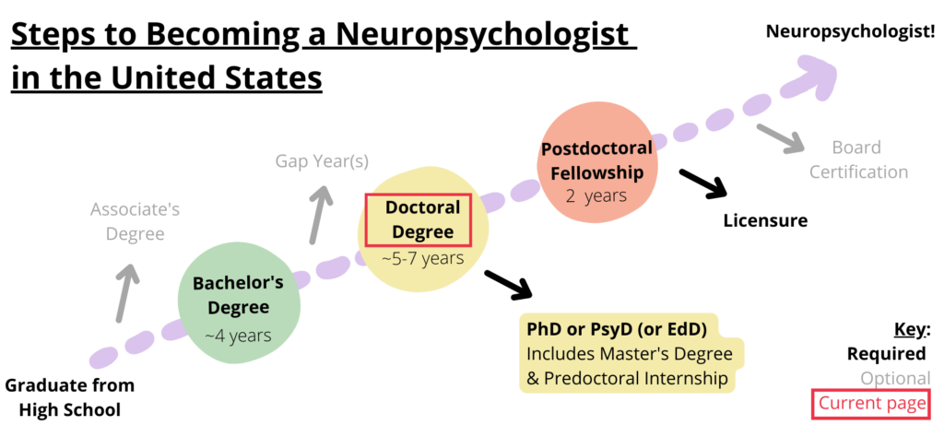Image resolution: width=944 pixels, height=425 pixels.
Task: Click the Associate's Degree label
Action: (x=135, y=221)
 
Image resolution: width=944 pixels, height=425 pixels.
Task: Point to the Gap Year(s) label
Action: (x=322, y=161)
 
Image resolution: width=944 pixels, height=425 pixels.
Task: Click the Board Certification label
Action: (x=856, y=159)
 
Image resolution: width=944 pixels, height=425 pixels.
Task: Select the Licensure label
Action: (x=765, y=220)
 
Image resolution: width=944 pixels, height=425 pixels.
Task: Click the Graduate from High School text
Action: (x=70, y=396)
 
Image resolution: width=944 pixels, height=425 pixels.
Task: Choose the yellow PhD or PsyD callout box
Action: (x=630, y=354)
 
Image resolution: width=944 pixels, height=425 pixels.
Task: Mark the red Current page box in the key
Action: (x=870, y=404)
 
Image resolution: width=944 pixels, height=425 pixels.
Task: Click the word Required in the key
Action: (x=887, y=354)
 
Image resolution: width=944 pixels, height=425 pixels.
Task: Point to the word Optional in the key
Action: (x=894, y=379)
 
